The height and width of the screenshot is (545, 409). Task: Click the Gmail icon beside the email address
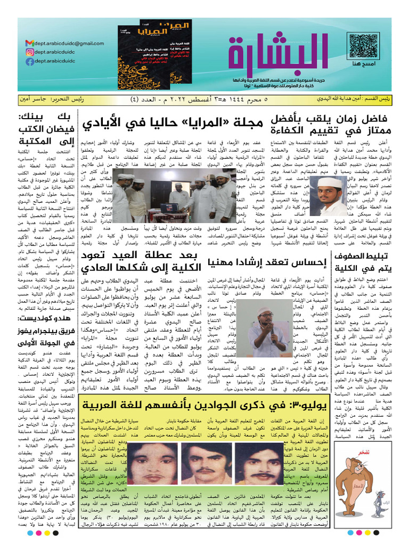point(29,43)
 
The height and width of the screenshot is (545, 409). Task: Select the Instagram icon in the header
point(29,52)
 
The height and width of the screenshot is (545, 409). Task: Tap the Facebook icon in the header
point(29,62)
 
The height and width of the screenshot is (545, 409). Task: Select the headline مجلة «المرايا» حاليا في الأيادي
point(173,124)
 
